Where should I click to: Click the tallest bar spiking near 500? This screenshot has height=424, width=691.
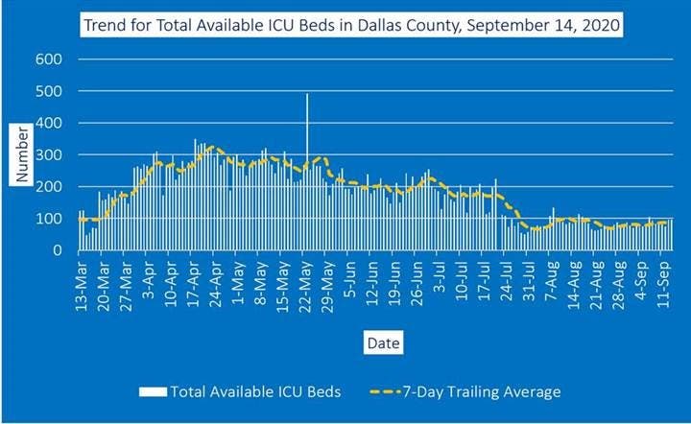(x=307, y=173)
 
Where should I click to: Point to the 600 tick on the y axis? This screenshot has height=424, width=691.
(x=49, y=59)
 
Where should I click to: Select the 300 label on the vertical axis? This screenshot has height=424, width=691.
(x=49, y=154)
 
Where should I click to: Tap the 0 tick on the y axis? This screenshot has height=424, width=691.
(x=59, y=250)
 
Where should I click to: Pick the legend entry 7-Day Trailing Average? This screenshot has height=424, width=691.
(x=479, y=391)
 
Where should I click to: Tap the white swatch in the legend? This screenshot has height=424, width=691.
(x=152, y=391)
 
